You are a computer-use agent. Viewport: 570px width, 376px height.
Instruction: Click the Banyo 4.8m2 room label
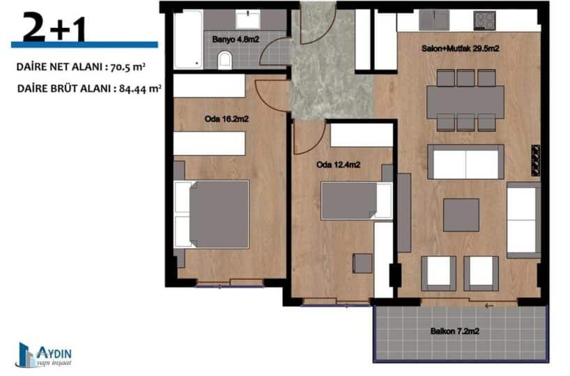236,39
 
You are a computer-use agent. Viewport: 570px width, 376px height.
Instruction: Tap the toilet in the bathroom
225,60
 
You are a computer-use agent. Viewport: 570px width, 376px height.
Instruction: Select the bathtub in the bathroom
188,39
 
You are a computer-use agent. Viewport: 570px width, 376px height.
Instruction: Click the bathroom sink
248,19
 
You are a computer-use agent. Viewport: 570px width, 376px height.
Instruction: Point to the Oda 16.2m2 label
226,119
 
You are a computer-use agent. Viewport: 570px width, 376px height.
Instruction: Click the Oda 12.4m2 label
338,165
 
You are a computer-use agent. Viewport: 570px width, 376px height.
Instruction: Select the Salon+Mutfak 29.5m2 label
460,48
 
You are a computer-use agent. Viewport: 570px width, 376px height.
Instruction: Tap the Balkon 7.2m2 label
455,331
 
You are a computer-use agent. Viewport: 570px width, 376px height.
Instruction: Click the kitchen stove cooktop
485,20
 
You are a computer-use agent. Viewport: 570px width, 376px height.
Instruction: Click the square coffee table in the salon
461,215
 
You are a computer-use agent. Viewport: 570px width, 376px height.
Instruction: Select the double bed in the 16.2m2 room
212,214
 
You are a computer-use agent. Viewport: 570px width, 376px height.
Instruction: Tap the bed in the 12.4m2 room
356,201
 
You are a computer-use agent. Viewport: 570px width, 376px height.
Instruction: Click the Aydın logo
45,354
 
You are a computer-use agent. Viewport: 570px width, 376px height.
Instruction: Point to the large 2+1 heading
54,27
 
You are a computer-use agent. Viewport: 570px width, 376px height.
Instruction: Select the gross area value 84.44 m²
140,88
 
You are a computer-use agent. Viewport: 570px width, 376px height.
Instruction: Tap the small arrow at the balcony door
489,306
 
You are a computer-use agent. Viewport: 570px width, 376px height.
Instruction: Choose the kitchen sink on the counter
434,20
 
